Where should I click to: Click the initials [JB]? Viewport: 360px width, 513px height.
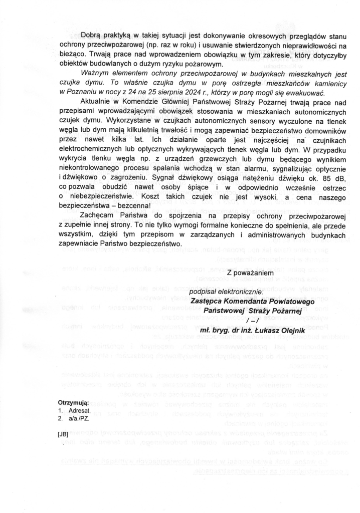click(63, 434)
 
